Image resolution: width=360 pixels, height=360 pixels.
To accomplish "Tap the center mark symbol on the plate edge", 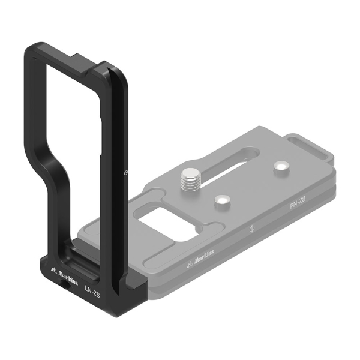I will (x=252, y=229).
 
